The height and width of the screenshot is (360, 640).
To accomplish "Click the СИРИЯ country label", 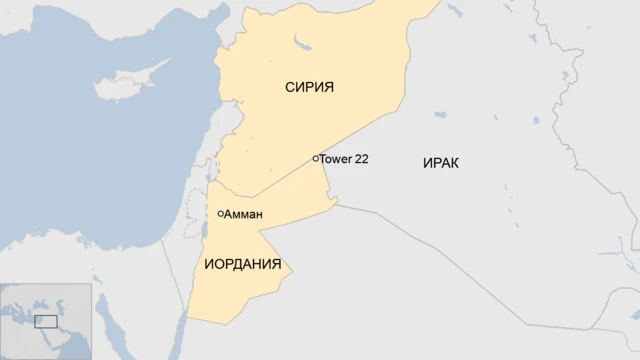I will click(x=309, y=88).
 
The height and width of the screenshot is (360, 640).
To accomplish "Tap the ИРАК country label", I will click(x=441, y=163).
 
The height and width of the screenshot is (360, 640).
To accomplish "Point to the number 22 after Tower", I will click(x=362, y=159).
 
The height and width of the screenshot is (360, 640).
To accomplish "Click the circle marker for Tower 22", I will click(x=315, y=158).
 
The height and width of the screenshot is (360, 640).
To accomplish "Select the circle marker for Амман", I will click(x=221, y=213).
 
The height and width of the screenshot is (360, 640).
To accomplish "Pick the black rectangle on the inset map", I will click(x=45, y=321).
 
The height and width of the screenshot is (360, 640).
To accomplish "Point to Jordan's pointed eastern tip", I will click(x=335, y=205).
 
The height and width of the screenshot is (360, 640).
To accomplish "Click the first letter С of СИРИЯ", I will click(x=290, y=88).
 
